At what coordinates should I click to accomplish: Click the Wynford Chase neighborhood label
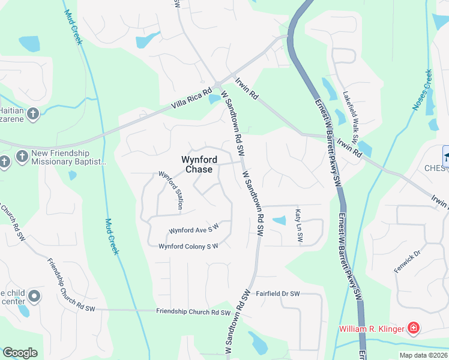point(198,164)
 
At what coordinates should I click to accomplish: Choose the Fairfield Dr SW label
point(278,294)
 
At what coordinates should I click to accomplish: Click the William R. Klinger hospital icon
point(413,328)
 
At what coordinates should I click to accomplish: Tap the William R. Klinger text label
point(372,329)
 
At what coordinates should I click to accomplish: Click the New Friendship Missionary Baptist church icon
point(22,157)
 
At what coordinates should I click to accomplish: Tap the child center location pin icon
point(34,296)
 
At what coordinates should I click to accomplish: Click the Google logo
point(20,353)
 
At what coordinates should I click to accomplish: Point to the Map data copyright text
point(423,355)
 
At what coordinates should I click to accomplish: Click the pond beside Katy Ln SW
point(279,221)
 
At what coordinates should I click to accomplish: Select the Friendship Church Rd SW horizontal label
point(193,312)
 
